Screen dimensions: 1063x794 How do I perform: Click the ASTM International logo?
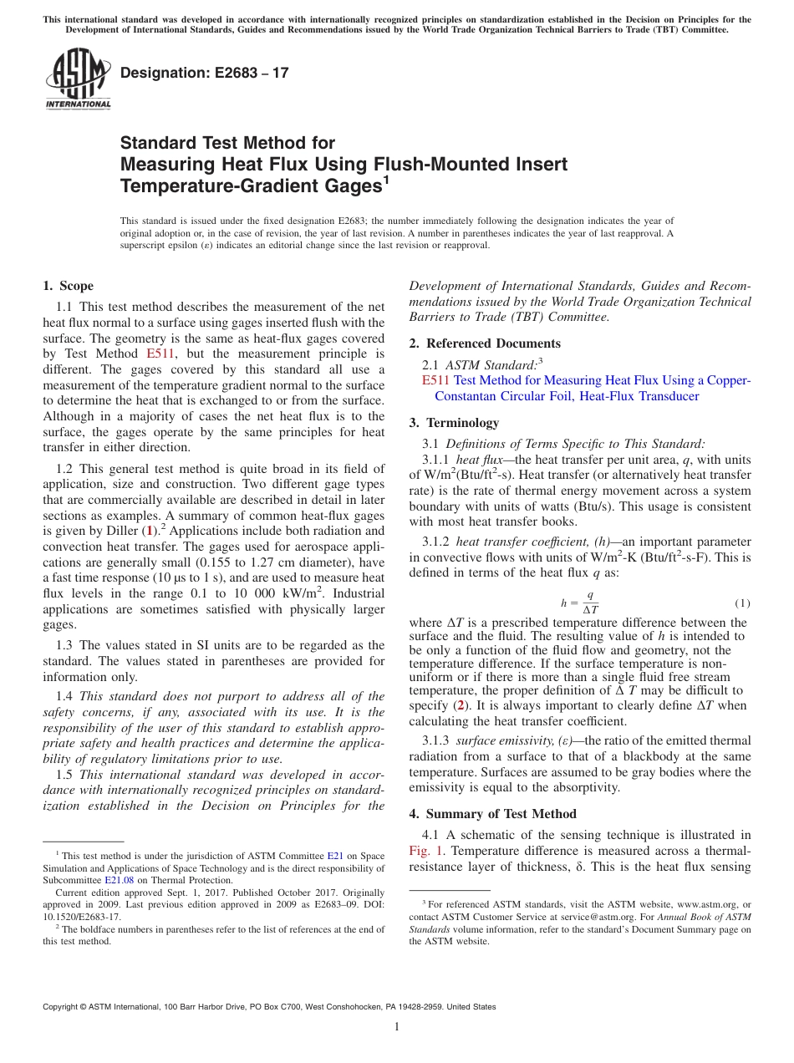pyautogui.click(x=77, y=79)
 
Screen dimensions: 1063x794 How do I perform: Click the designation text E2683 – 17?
pyautogui.click(x=205, y=73)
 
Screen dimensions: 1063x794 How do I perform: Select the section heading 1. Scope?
pyautogui.click(x=69, y=286)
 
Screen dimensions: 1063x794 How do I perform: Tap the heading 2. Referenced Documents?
pyautogui.click(x=485, y=343)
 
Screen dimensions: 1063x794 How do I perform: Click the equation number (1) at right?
pyautogui.click(x=742, y=603)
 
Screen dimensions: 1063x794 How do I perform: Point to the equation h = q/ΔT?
pyautogui.click(x=579, y=603)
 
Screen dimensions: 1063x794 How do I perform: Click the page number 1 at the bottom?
pyautogui.click(x=397, y=1027)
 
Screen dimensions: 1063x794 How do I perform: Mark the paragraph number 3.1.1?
pyautogui.click(x=439, y=459)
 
